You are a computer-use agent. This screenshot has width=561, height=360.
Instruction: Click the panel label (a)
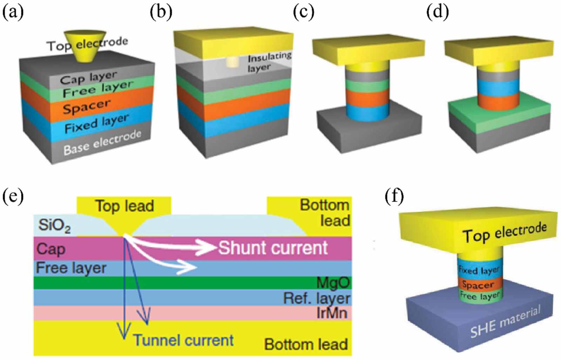(x=13, y=12)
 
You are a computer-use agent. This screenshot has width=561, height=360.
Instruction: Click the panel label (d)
(x=437, y=12)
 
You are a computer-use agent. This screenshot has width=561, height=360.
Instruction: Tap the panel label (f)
(x=394, y=197)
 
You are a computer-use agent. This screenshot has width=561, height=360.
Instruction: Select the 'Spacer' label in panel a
(x=86, y=106)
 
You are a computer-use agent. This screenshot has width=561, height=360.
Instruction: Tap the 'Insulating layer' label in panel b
(x=269, y=62)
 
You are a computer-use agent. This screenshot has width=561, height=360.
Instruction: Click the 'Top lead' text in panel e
(x=124, y=206)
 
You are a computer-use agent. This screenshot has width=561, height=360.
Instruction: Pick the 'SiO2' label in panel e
(x=54, y=225)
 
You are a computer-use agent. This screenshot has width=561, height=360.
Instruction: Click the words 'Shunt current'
(x=273, y=248)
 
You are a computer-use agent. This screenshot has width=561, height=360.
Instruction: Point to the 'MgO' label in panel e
(x=333, y=283)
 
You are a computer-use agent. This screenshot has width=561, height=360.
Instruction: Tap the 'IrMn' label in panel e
(x=332, y=313)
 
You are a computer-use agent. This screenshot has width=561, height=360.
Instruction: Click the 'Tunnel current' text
(x=183, y=340)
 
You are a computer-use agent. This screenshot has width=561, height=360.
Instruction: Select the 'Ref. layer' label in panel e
(x=317, y=298)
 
